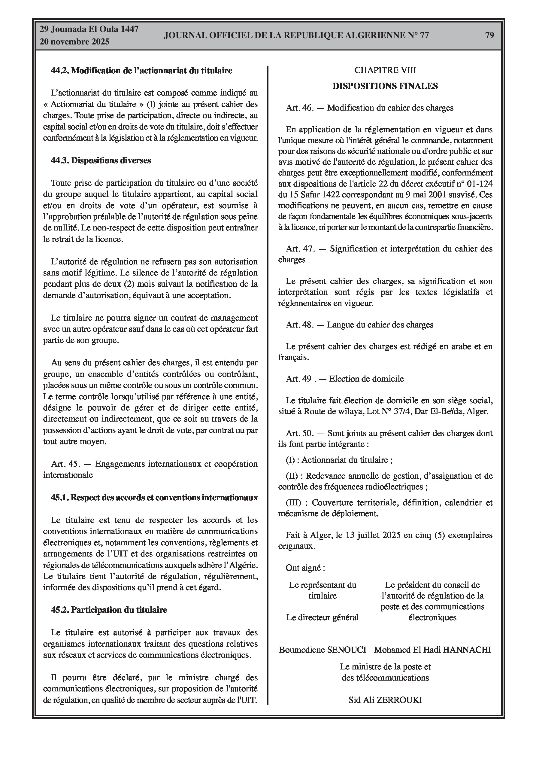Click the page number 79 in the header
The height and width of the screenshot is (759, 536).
(489, 35)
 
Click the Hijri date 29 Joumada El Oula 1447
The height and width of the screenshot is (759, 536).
(89, 29)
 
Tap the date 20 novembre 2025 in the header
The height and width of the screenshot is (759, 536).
(74, 42)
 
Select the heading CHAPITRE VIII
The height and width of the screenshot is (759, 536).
(385, 70)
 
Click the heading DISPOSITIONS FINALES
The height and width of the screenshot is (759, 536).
(385, 86)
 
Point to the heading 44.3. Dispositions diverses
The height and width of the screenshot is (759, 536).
(101, 161)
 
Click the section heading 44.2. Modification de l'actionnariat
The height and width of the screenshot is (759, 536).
(141, 70)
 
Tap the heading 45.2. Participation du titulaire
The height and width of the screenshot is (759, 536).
(109, 610)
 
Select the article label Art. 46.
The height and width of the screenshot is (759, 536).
(299, 108)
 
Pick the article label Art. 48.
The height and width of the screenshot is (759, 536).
(299, 325)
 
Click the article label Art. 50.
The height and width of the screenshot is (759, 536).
(299, 433)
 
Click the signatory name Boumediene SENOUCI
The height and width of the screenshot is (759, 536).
(323, 650)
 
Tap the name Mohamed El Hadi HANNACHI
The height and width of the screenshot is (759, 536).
(432, 650)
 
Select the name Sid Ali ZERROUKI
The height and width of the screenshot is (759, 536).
(385, 700)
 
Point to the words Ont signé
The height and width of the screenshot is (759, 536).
(305, 568)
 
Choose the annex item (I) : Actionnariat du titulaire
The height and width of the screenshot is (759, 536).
(339, 460)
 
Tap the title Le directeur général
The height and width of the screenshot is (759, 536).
(322, 617)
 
